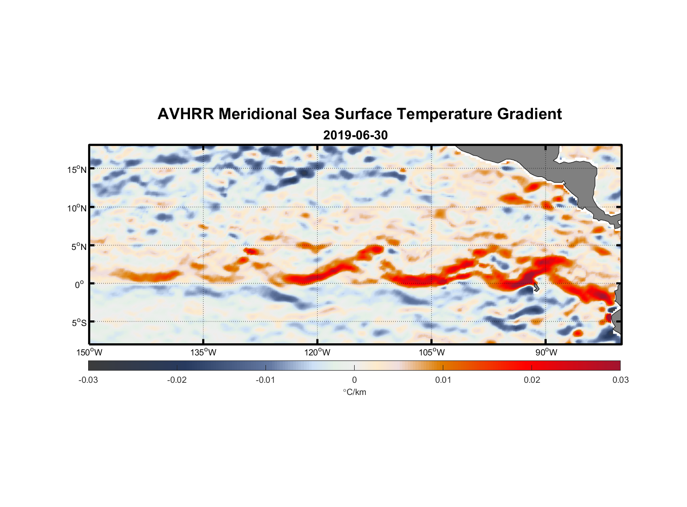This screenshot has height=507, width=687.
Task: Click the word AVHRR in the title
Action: pyautogui.click(x=185, y=114)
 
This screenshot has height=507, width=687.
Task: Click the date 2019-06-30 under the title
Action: pyautogui.click(x=355, y=135)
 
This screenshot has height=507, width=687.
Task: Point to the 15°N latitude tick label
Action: pyautogui.click(x=77, y=170)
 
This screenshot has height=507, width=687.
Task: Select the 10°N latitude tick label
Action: pyautogui.click(x=77, y=208)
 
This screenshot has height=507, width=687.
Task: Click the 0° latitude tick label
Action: pyautogui.click(x=80, y=285)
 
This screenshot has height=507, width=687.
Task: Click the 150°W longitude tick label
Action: pyautogui.click(x=89, y=352)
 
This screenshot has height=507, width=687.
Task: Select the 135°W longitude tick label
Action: pyautogui.click(x=203, y=352)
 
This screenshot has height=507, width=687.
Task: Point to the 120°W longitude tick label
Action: pyautogui.click(x=317, y=352)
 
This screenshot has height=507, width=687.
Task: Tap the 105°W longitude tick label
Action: pyautogui.click(x=432, y=352)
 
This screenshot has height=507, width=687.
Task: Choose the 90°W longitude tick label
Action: pyautogui.click(x=546, y=352)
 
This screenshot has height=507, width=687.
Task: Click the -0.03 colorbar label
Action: pyautogui.click(x=88, y=380)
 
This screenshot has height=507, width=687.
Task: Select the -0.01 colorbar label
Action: pyautogui.click(x=265, y=380)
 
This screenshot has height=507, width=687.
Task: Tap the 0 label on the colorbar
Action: pyautogui.click(x=354, y=380)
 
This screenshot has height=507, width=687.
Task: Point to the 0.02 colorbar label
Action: pyautogui.click(x=532, y=380)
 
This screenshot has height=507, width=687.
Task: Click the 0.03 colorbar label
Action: pyautogui.click(x=620, y=380)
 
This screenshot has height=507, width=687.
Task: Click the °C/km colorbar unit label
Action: pyautogui.click(x=354, y=392)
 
